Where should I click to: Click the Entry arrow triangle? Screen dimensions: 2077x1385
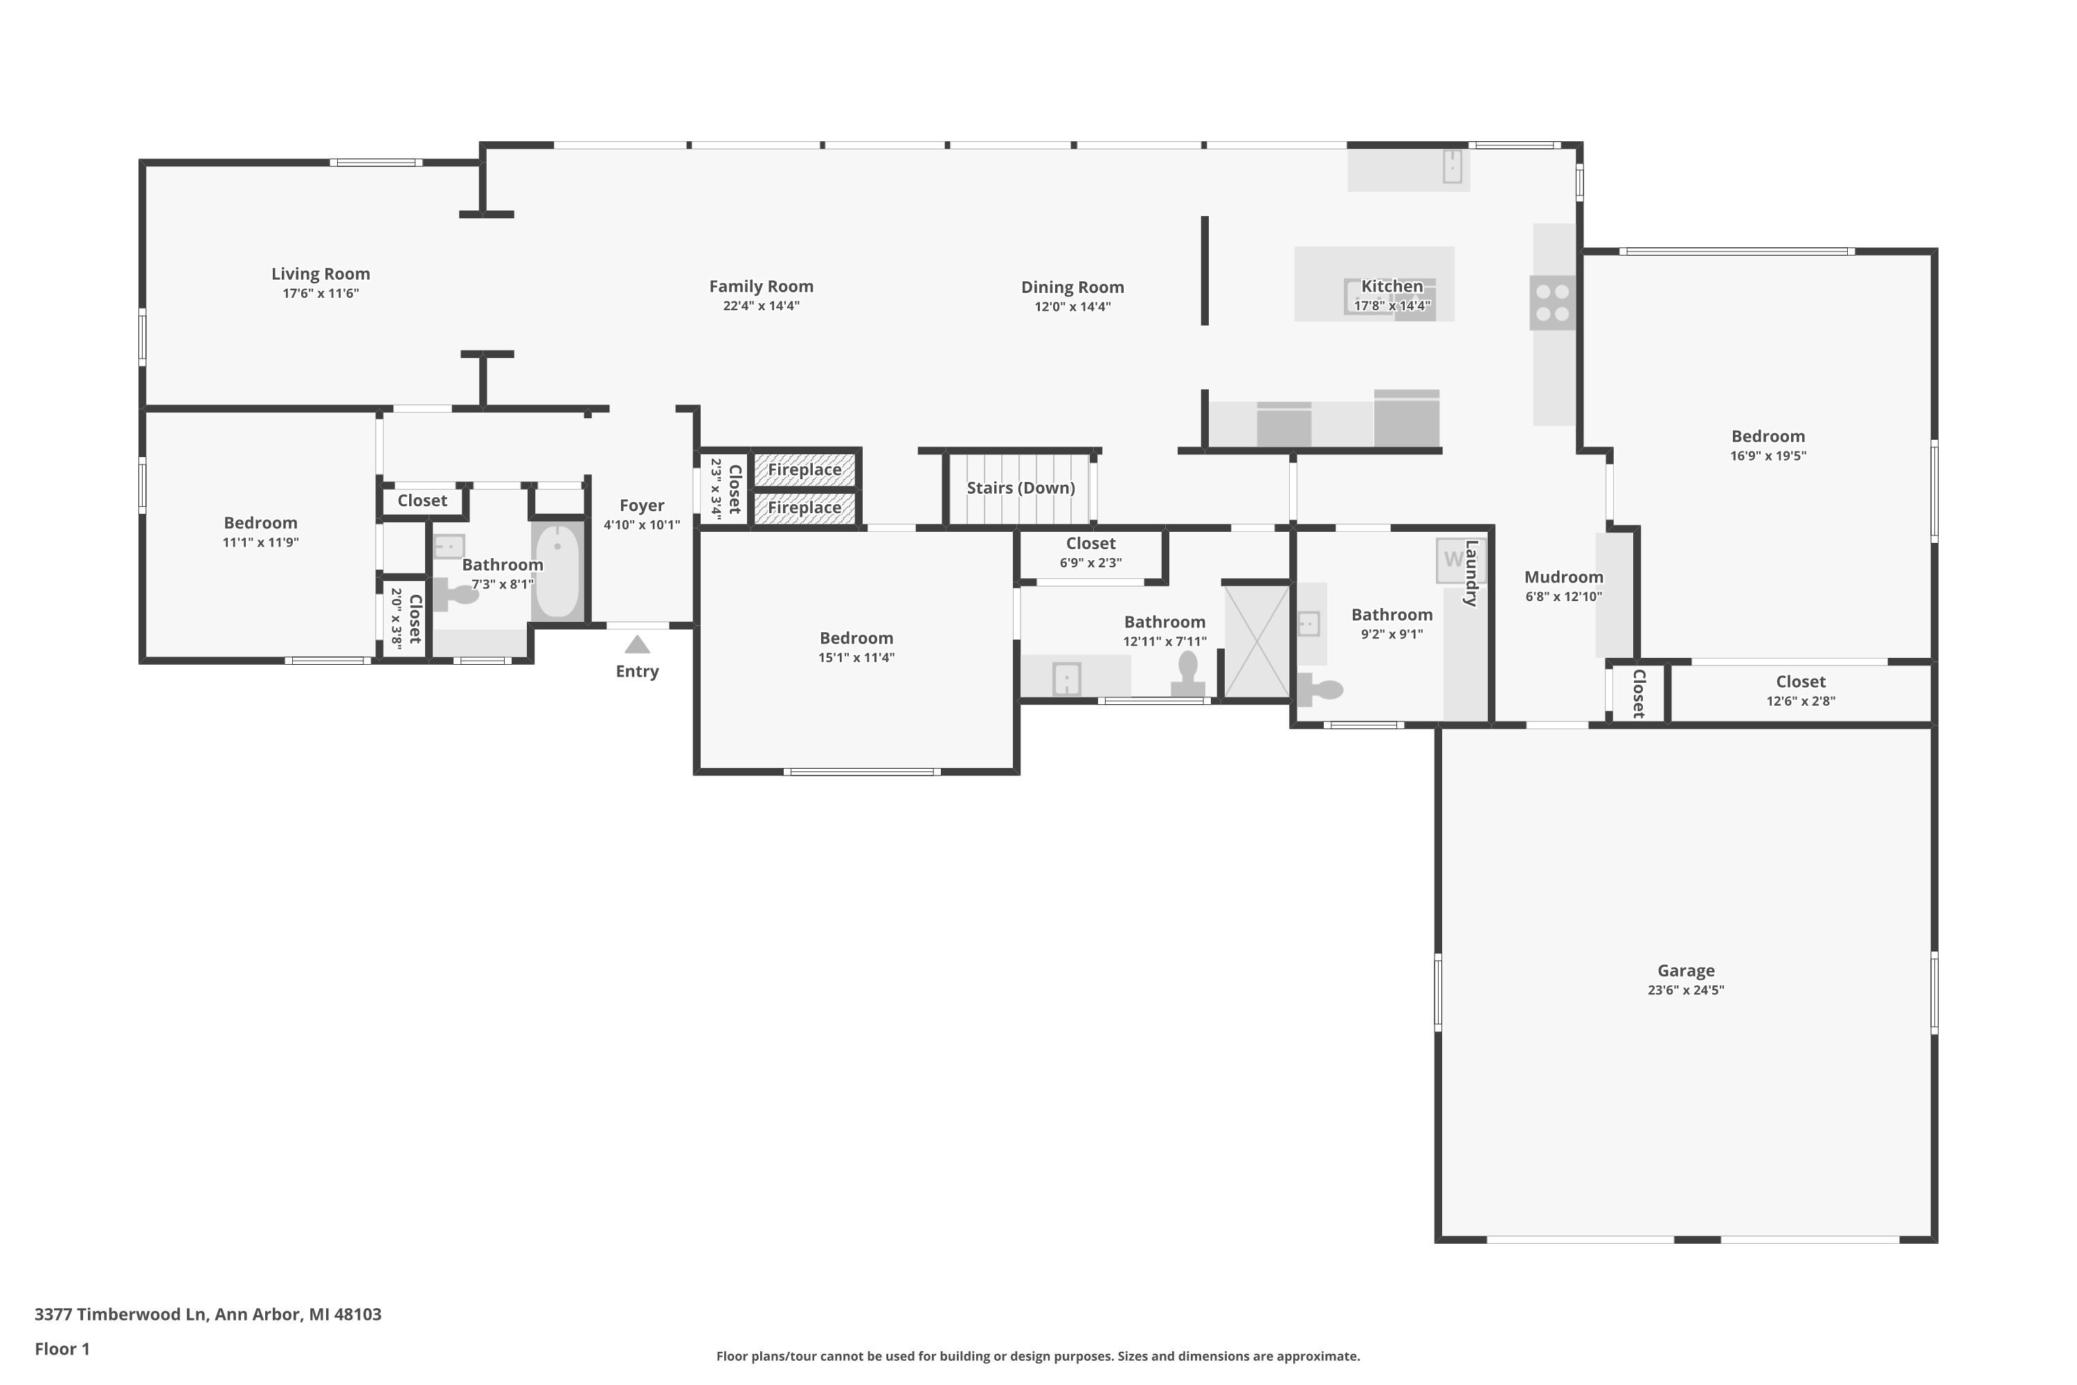coord(637,644)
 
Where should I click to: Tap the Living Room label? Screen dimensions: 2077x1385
coord(321,274)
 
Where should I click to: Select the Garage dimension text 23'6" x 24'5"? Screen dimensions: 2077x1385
coord(1686,990)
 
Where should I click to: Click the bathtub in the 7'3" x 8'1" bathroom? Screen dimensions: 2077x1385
coord(557,571)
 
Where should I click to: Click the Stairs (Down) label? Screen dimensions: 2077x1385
coord(1020,488)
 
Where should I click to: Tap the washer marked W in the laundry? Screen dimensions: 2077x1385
coord(1453,560)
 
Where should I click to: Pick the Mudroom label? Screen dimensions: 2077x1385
coord(1563,577)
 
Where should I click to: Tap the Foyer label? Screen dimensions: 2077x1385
coord(641,506)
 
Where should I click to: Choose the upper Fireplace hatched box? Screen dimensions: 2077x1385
coord(804,469)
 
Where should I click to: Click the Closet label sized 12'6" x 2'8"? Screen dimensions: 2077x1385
coord(1801,681)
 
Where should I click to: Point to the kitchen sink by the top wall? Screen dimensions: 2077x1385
coord(1452,167)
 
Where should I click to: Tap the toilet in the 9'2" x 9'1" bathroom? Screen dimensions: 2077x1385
coord(1320,689)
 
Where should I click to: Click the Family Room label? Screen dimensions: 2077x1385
coord(761,286)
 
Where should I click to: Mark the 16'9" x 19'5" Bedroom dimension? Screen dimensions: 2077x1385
coord(1768,456)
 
